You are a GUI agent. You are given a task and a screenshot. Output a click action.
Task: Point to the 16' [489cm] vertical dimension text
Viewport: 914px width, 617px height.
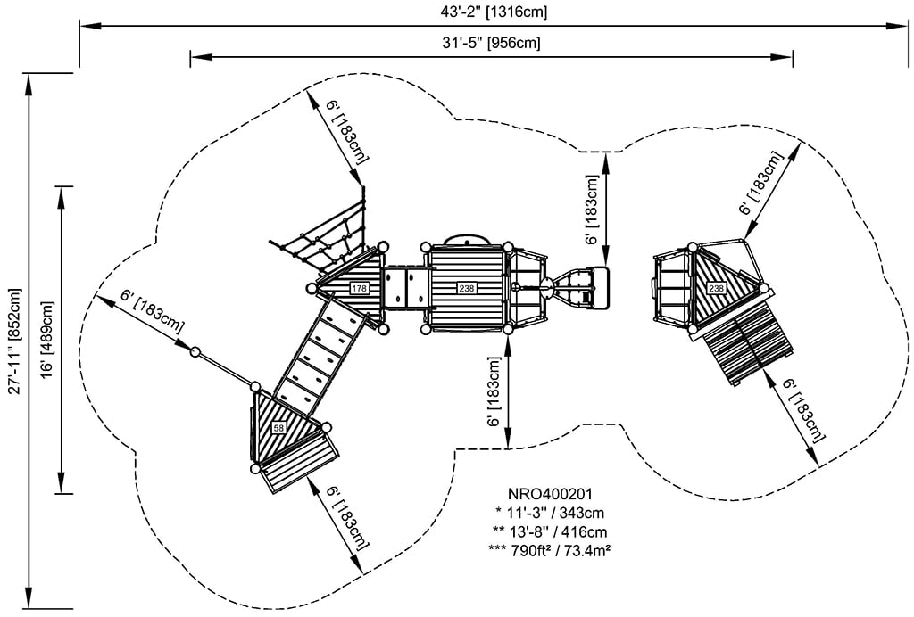[x=47, y=340]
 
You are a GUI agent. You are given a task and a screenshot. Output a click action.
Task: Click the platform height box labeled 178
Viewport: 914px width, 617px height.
[x=359, y=288]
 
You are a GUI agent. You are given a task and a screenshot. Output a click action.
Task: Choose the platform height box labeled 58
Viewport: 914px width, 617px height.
[x=279, y=429]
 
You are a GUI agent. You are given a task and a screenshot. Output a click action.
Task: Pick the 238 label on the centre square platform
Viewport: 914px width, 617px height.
[x=467, y=288]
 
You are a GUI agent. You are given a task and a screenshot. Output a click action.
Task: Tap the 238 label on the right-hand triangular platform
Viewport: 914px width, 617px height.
[x=716, y=288]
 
